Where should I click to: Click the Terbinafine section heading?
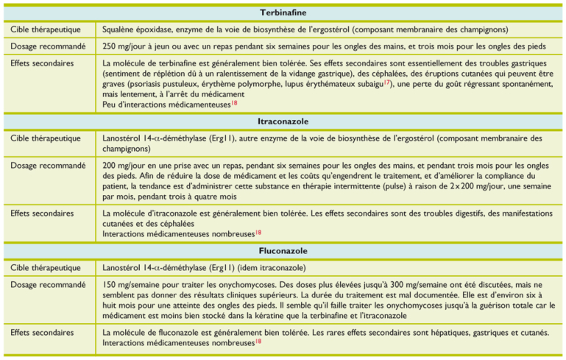tap(283, 13)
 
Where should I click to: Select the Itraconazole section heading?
tap(283, 120)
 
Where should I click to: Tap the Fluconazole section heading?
tap(283, 251)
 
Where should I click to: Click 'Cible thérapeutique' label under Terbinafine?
tap(46, 29)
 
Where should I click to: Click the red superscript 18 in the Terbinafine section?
tap(234, 102)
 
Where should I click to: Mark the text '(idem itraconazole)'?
tap(269, 267)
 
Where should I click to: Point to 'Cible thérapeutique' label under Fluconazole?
tap(46, 267)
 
